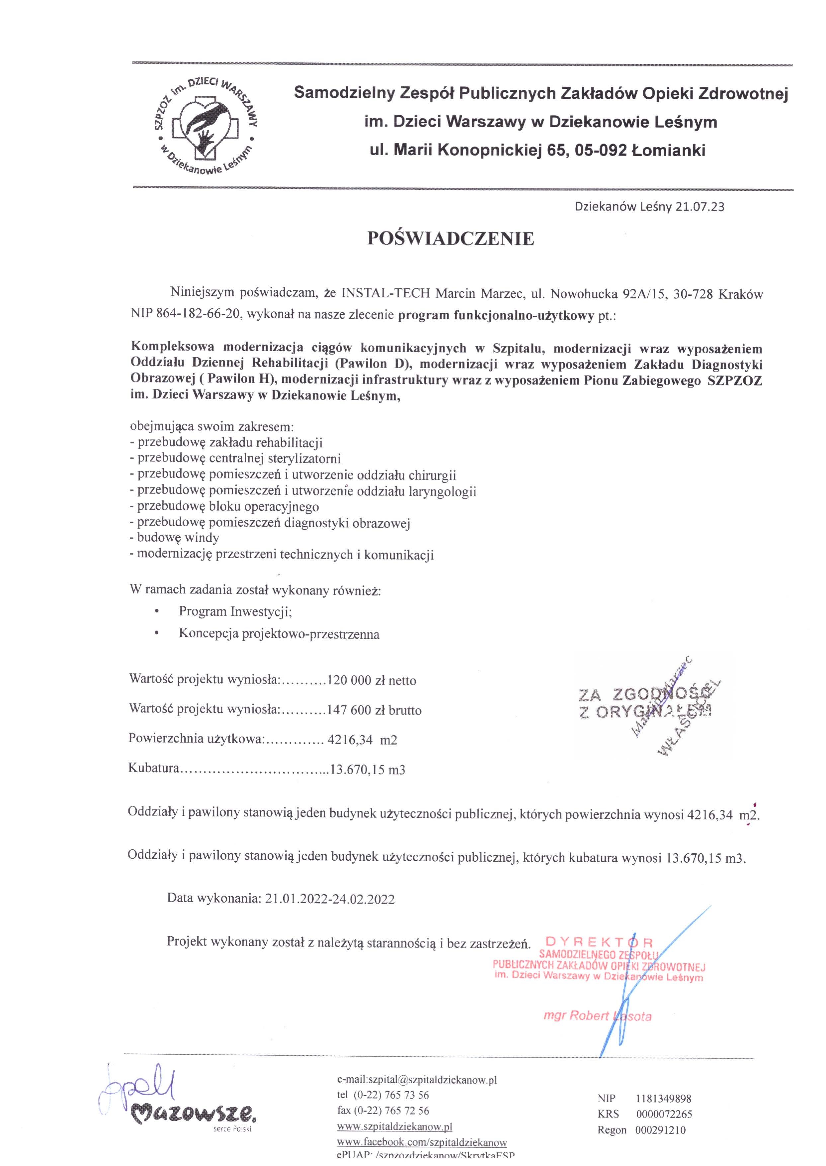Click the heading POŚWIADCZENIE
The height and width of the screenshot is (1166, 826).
pos(451,239)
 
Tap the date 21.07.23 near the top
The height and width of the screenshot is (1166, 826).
pos(700,207)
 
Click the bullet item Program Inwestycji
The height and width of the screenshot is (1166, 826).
pos(235,611)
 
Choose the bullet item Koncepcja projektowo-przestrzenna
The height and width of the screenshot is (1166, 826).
pos(279,634)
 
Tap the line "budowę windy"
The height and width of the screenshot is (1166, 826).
pos(178,537)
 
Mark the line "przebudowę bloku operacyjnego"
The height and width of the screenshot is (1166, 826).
pos(227,506)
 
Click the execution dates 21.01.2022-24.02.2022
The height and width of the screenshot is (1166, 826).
pos(330,899)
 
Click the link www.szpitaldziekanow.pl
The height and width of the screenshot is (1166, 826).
pos(394,1127)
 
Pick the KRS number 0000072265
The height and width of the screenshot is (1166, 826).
pos(664,1114)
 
